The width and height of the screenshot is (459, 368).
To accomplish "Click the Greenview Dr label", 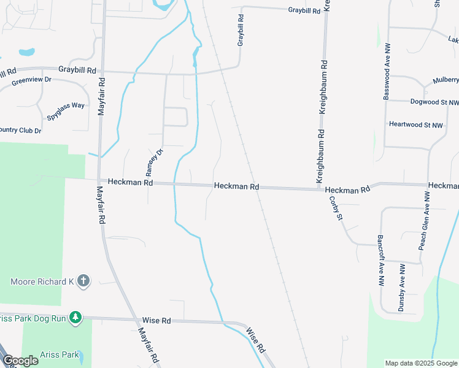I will click(31, 80).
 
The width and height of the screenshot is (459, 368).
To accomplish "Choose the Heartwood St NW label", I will click(415, 125).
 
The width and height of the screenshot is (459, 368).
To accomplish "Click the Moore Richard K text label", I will click(42, 282).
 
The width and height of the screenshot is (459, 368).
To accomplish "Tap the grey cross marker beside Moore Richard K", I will click(84, 282).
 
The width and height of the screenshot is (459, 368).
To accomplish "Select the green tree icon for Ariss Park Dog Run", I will click(75, 318).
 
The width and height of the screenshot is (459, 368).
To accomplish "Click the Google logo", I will click(20, 361).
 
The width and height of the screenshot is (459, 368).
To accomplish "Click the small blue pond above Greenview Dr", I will click(26, 52).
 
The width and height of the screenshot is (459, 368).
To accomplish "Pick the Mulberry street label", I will click(445, 80).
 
